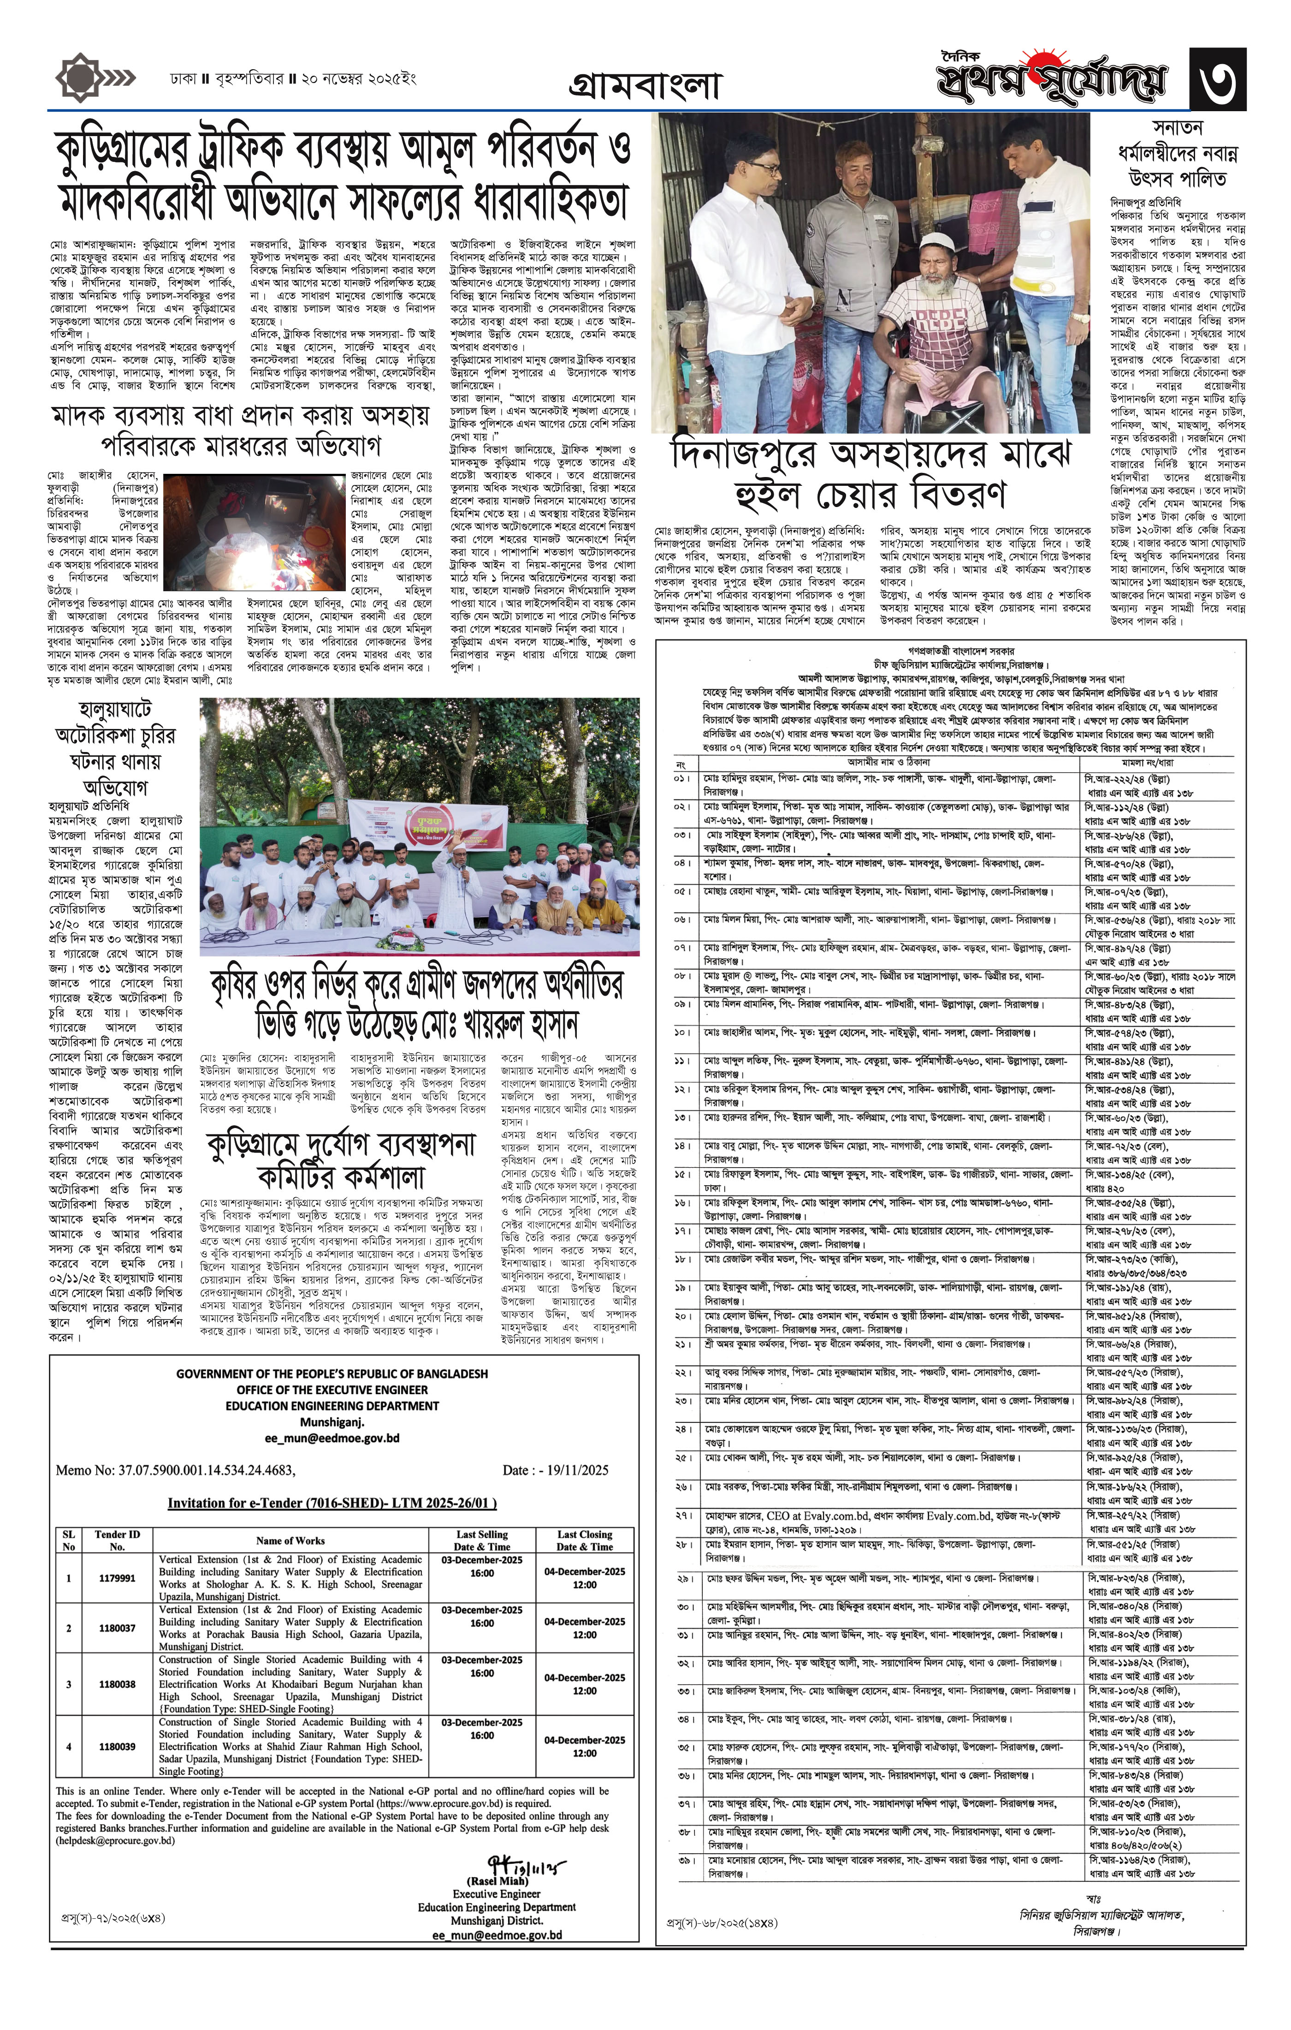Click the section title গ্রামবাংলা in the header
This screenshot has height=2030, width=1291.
tap(645, 85)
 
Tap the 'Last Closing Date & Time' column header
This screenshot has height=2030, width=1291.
tap(584, 1540)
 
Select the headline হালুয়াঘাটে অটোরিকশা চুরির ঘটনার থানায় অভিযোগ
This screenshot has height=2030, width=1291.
tap(115, 747)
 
